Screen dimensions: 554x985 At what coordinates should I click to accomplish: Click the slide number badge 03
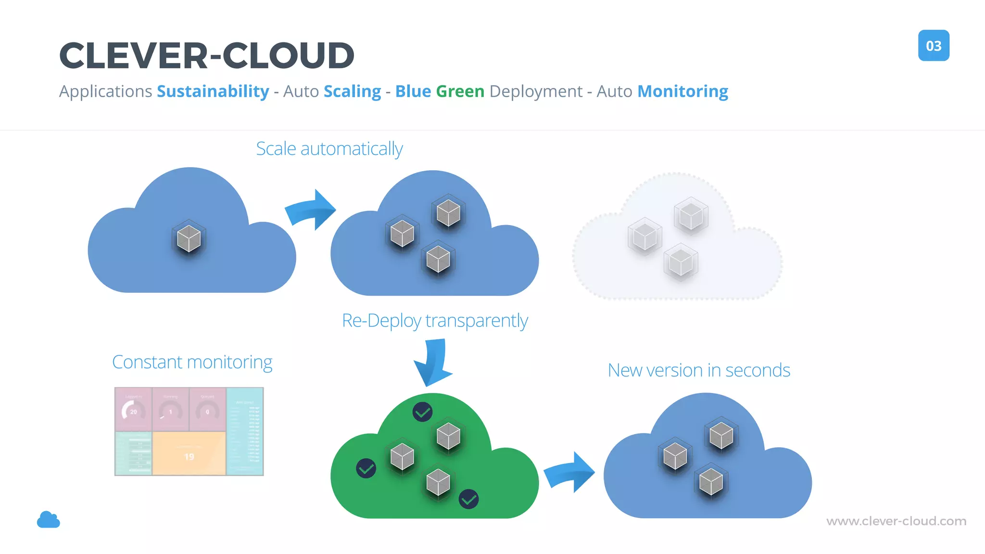933,46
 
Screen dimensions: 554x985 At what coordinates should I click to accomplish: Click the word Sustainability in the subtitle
213,91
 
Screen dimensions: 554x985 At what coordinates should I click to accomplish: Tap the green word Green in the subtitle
460,91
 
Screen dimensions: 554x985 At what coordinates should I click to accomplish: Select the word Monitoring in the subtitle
682,91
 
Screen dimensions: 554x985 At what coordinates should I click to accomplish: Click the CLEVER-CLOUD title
207,55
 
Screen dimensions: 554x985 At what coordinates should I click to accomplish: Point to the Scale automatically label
329,149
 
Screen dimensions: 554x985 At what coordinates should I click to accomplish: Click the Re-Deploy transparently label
435,320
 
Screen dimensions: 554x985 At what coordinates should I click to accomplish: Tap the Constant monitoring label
192,362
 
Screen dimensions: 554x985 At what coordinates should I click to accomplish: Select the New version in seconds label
698,370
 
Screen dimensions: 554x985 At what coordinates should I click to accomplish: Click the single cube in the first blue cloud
189,239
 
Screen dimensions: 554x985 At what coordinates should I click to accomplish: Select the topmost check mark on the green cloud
422,412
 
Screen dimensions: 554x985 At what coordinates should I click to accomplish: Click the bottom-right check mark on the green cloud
468,499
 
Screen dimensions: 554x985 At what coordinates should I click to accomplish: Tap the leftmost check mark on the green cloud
366,468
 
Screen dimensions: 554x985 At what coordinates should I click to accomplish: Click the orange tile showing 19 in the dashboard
189,453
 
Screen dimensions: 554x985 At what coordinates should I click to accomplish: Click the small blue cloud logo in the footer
49,520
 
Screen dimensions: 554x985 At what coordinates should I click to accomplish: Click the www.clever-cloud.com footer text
896,521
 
